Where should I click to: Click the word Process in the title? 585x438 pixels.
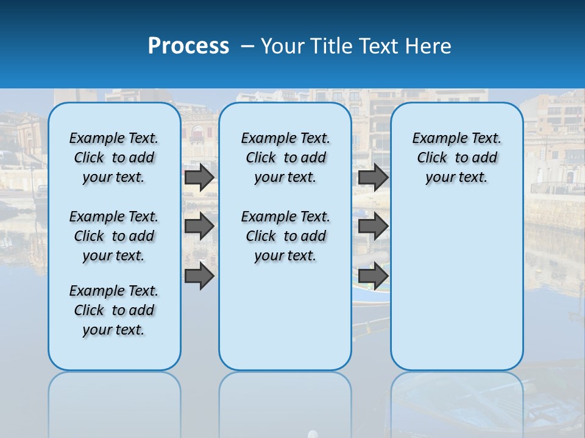188,46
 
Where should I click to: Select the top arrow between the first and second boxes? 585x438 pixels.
199,177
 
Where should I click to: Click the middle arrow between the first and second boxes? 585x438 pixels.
199,226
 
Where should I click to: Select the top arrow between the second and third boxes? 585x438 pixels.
373,177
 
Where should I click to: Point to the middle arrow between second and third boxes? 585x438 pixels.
373,226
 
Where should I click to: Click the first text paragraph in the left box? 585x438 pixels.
114,158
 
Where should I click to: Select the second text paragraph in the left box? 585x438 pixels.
114,236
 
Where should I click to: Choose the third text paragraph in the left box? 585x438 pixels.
114,310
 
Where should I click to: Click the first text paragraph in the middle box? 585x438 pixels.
285,158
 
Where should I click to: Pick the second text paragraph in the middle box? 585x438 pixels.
285,236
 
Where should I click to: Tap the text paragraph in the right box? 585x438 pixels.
456,158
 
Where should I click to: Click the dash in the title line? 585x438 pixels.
247,46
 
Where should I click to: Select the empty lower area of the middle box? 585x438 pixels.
285,316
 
